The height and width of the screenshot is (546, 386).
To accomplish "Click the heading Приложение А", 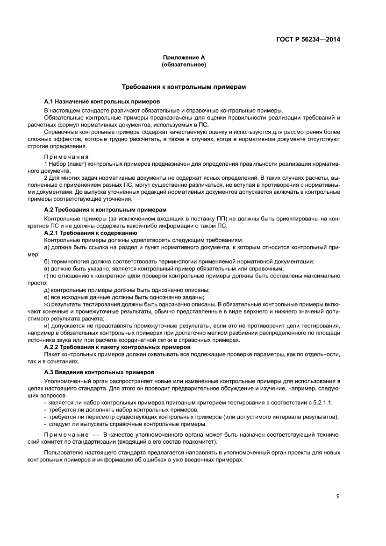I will coord(184,57).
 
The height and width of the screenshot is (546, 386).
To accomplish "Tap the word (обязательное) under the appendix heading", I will coord(184,64).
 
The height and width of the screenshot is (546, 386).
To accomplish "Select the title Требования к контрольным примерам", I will coord(184,87).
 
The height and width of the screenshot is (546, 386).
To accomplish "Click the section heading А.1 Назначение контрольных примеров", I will coord(102,101).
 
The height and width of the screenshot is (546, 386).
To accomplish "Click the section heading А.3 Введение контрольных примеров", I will coord(99,372).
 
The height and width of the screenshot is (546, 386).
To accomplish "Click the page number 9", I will coord(337,496).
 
